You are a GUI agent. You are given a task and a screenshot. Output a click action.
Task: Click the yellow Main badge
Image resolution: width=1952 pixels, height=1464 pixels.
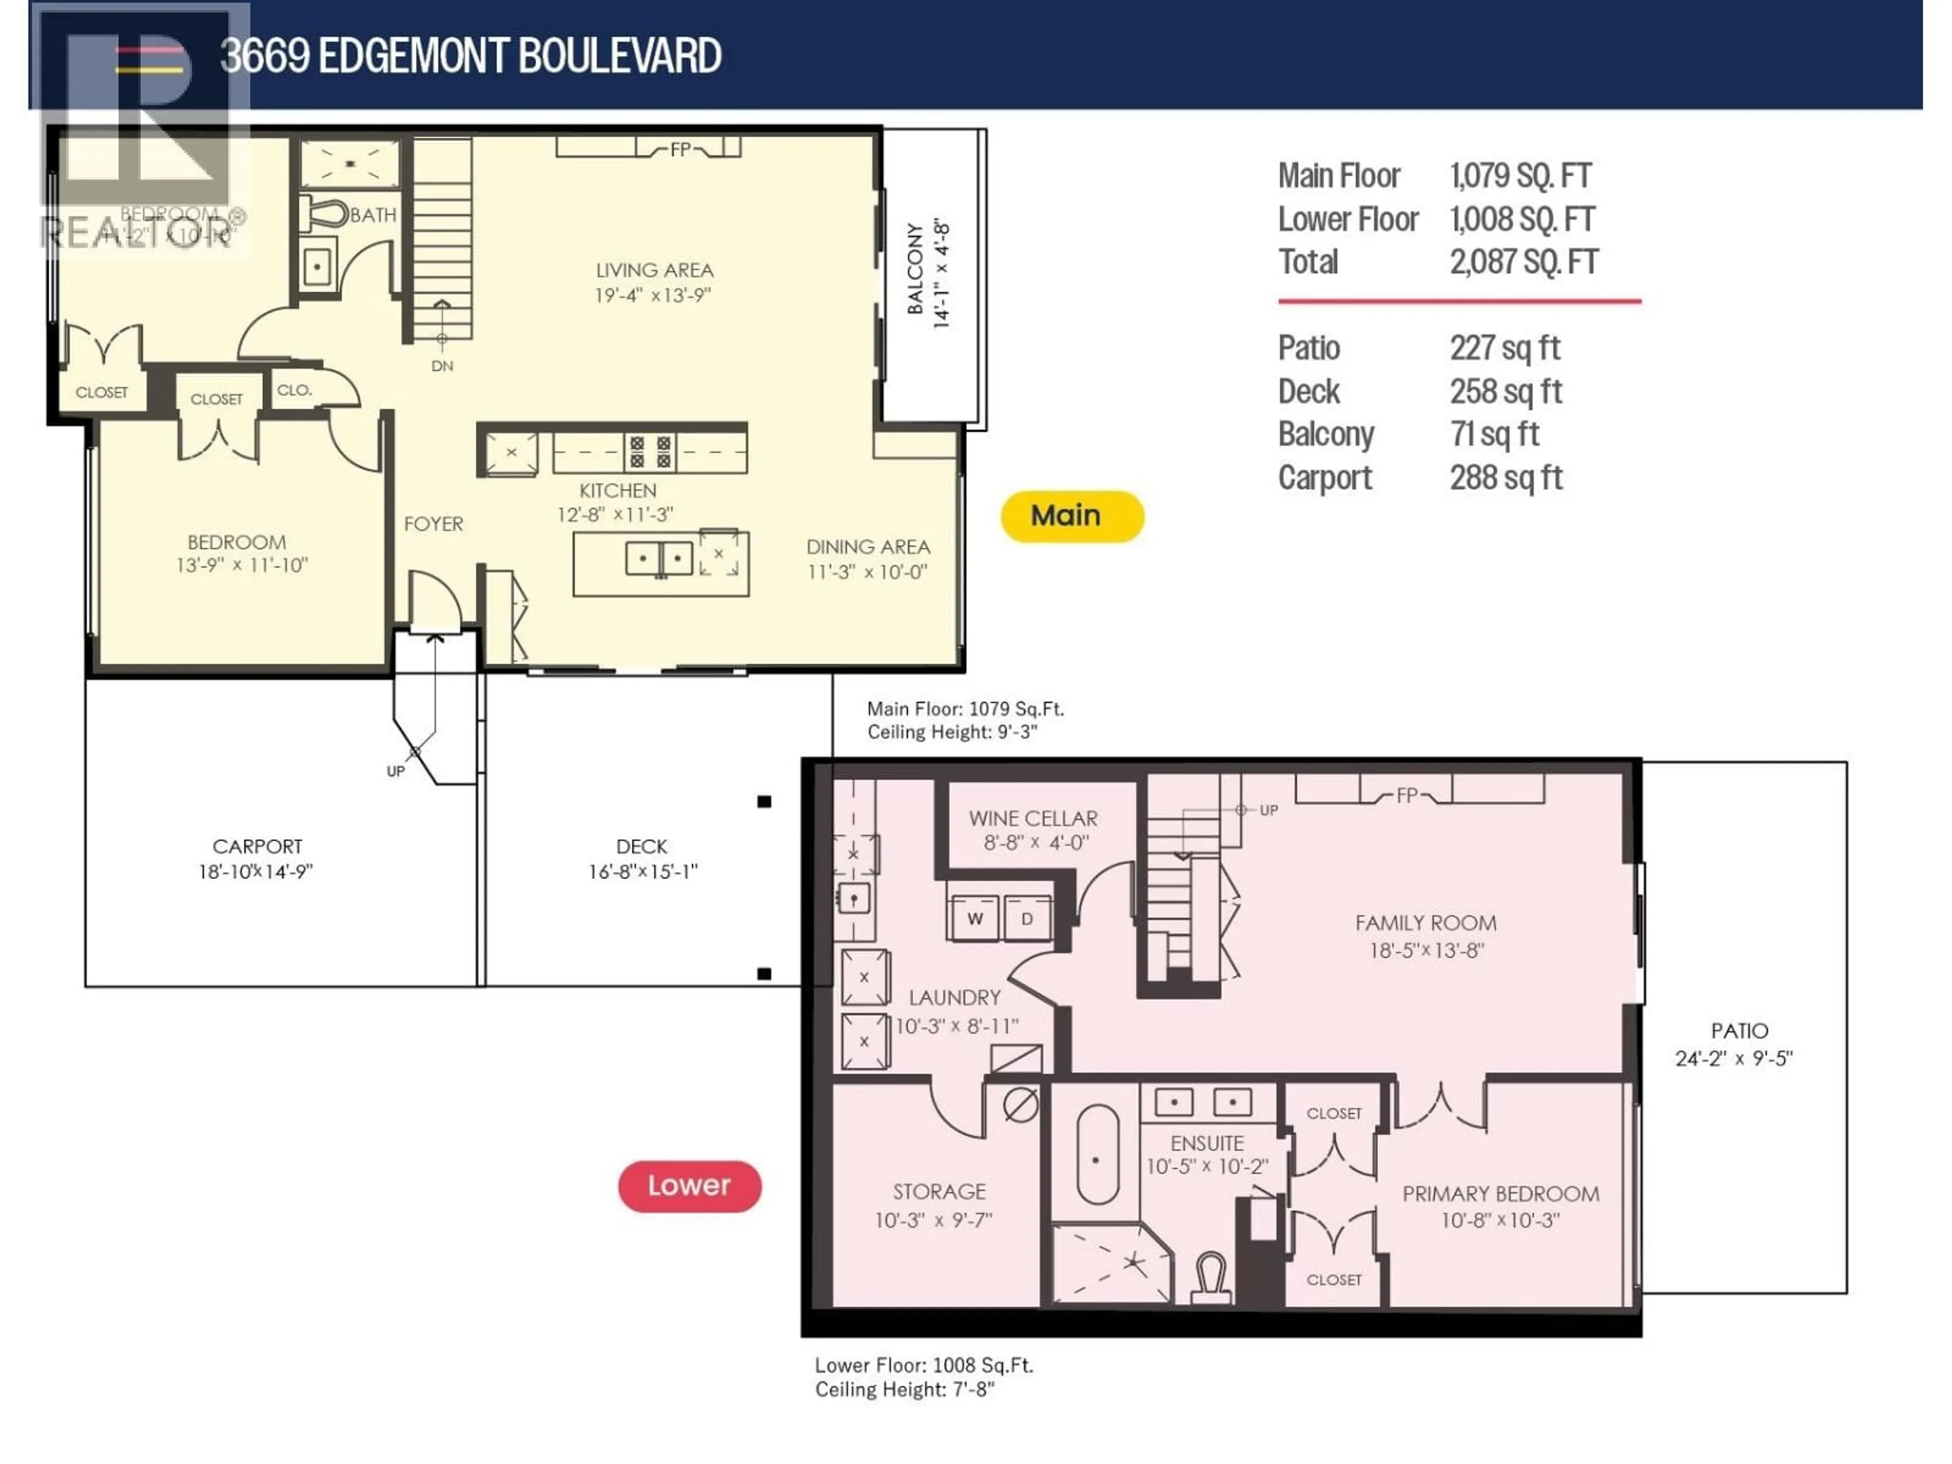coord(1071,516)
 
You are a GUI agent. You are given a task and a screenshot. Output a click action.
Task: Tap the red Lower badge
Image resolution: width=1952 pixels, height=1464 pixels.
coord(689,1185)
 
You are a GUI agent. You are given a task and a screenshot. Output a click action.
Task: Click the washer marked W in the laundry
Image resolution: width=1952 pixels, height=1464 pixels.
coord(974,919)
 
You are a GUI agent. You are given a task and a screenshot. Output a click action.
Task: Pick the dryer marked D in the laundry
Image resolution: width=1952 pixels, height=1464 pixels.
coord(1026,919)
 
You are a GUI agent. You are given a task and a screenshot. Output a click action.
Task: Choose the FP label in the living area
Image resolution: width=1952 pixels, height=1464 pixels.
coord(680,150)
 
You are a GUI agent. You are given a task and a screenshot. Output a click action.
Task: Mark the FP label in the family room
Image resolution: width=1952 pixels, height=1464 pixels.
coord(1407,795)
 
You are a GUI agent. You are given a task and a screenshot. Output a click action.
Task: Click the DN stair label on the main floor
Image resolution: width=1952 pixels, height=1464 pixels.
coord(442,365)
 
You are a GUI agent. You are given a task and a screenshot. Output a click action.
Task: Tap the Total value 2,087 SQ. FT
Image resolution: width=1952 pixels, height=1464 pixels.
coord(1523,262)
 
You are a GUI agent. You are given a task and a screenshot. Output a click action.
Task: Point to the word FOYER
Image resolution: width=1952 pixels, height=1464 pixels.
coord(433,524)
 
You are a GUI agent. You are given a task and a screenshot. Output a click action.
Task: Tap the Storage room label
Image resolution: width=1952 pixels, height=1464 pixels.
coord(939,1192)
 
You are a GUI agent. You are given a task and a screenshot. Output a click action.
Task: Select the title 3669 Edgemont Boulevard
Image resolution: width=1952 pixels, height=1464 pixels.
coord(470,55)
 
